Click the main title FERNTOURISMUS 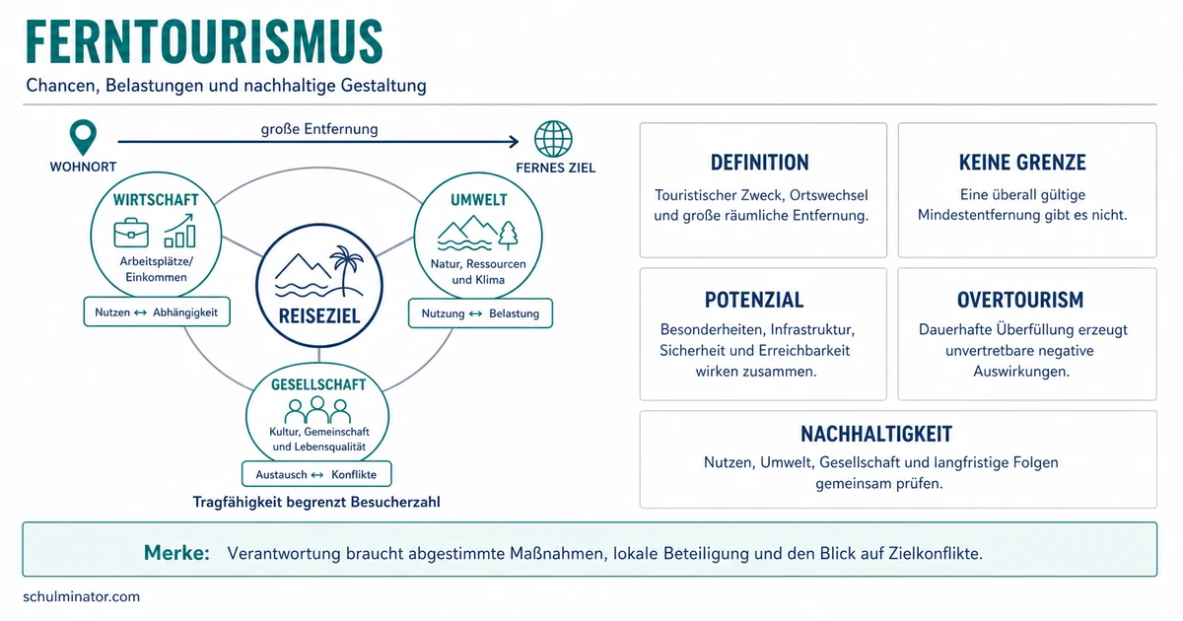coord(204,41)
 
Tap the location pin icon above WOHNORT coord(83,137)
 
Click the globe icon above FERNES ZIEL coord(553,139)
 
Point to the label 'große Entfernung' coord(319,129)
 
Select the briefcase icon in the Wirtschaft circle coord(131,233)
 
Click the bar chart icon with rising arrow coord(180,231)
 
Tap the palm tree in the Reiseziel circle coord(346,270)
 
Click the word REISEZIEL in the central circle coord(319,315)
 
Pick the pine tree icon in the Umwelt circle coord(508,236)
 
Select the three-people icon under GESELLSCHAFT coord(317,410)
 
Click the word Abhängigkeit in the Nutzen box coord(185,312)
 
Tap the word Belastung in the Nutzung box coord(514,313)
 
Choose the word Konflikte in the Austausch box coord(354,475)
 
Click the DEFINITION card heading coord(759,163)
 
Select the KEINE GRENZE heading coord(1022,163)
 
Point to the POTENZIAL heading coord(754,300)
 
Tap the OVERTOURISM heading coord(1020,300)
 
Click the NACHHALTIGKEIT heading coord(876,434)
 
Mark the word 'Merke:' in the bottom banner coord(176,553)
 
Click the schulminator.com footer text coord(81,596)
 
